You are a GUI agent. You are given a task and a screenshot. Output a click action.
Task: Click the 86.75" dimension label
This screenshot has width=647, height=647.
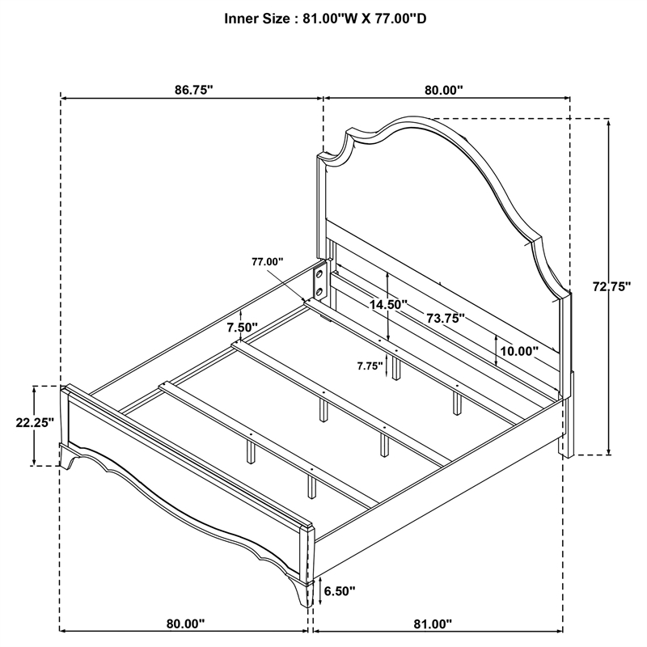point(193,90)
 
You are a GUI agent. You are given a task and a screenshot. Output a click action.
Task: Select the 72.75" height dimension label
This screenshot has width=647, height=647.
point(612,286)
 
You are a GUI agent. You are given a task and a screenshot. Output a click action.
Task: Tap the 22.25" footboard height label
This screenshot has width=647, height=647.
point(35,422)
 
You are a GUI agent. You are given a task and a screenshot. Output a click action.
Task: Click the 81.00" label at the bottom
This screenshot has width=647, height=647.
point(433,624)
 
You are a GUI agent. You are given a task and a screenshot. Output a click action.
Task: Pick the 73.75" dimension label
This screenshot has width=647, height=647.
point(446,318)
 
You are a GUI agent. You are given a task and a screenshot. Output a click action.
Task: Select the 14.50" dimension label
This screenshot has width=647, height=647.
point(388,305)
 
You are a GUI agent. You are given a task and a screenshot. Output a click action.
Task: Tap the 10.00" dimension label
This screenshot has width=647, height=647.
point(519,351)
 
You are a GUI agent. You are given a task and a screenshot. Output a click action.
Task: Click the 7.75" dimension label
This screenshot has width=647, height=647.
point(370,366)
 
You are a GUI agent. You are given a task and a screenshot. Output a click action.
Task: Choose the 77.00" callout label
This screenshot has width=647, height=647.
point(268,261)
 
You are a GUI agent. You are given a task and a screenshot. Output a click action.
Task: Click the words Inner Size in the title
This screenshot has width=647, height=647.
point(257,19)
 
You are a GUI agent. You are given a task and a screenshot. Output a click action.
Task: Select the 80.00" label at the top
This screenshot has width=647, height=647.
point(444,90)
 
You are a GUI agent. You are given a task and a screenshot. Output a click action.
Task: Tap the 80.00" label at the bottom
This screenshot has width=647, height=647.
point(186,624)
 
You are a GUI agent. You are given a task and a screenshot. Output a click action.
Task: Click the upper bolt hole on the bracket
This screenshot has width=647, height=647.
point(319,274)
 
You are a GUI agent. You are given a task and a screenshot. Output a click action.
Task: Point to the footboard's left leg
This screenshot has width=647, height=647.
point(68,457)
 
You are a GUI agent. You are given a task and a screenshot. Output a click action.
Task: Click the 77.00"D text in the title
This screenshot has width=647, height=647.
point(400,19)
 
